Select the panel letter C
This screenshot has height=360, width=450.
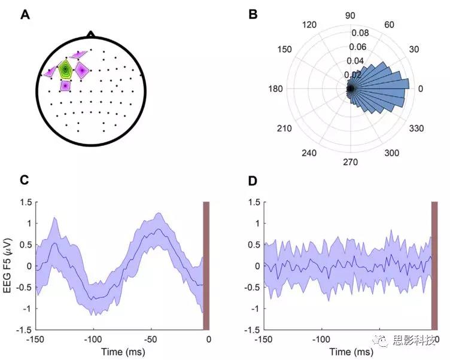pyautogui.click(x=25, y=180)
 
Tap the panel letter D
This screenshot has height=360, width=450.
pyautogui.click(x=253, y=180)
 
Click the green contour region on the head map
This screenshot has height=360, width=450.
pyautogui.click(x=65, y=69)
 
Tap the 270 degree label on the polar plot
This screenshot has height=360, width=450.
pyautogui.click(x=350, y=162)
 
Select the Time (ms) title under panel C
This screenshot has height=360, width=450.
pyautogui.click(x=121, y=351)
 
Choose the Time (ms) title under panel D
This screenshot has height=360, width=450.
pyautogui.click(x=350, y=351)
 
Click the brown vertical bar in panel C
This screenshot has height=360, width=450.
pyautogui.click(x=206, y=266)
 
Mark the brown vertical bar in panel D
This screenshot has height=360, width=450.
pyautogui.click(x=434, y=266)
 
